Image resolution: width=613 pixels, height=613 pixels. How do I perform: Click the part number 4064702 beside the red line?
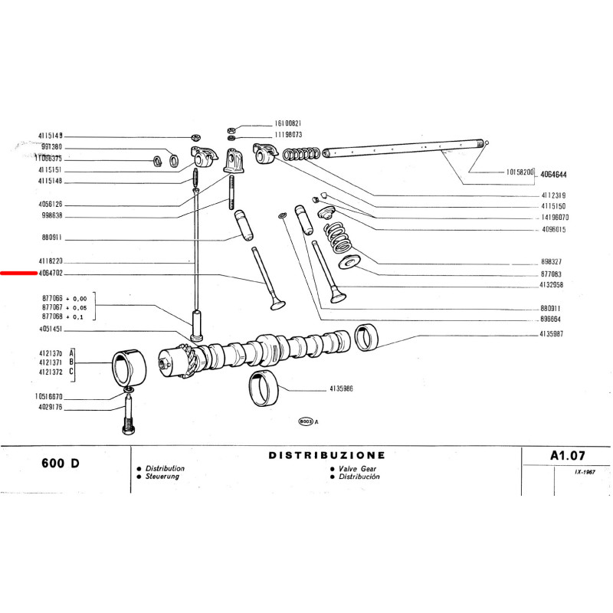51,273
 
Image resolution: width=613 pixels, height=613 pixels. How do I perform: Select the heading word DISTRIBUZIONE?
327,455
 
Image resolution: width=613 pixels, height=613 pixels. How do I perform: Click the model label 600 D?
58,464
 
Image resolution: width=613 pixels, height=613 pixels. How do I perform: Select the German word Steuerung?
164,476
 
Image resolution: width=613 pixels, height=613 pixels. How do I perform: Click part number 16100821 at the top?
289,123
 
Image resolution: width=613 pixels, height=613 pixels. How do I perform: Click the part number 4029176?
51,408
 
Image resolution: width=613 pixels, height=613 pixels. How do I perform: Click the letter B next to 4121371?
71,362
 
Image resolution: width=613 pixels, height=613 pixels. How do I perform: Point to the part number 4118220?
51,261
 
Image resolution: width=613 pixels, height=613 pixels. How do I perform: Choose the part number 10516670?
51,397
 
